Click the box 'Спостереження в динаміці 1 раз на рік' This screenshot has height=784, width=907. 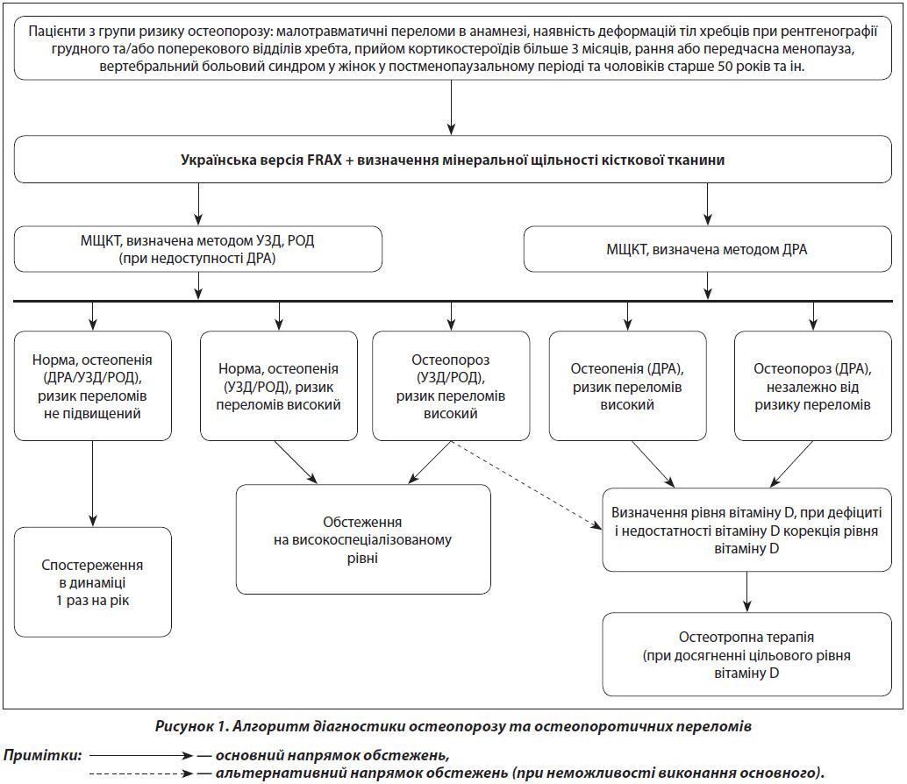coord(93,582)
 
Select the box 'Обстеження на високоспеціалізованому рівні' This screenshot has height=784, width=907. coord(363,539)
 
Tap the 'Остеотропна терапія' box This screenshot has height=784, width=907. coord(746,654)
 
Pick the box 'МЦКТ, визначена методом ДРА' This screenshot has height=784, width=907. coord(707,249)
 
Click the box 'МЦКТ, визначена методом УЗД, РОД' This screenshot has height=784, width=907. coord(198,249)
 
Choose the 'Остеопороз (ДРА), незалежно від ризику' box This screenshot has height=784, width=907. coord(813,386)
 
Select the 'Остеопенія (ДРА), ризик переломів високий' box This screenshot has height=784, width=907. coord(627,386)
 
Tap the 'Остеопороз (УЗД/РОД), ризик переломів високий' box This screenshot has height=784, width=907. coord(451,386)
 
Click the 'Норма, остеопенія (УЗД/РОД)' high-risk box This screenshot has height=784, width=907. coord(279,386)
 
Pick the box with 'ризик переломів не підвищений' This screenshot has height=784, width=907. coord(93,386)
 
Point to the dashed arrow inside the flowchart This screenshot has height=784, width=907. coord(526,485)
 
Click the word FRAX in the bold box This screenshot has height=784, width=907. coord(325,160)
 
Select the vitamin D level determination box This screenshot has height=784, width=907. coord(746,531)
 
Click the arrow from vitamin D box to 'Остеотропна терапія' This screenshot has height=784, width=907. coord(746,592)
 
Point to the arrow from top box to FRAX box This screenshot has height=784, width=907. coord(451,108)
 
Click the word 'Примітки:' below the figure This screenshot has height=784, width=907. coord(42,756)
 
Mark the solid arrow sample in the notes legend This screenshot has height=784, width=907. coord(141,756)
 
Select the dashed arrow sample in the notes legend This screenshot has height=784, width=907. coord(141,773)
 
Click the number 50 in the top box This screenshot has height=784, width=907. coord(725,67)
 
